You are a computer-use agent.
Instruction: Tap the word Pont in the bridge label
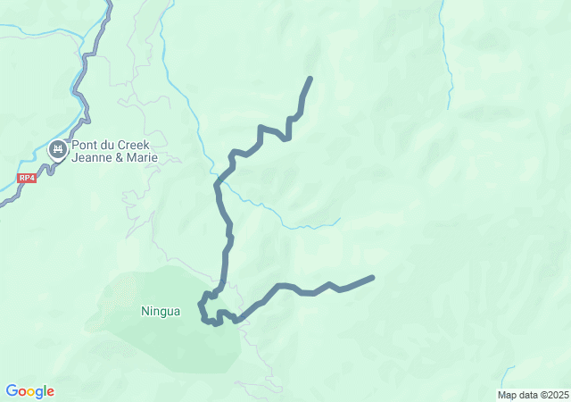click(x=87, y=146)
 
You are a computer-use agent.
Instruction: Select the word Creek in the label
click(x=131, y=146)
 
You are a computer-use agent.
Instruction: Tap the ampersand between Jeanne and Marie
click(x=120, y=158)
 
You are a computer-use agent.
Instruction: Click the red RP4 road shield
click(x=27, y=178)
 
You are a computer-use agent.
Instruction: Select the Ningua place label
click(x=161, y=312)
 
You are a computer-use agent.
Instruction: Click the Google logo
click(x=30, y=391)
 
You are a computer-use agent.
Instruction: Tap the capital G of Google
click(x=12, y=390)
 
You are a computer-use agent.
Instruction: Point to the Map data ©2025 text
click(x=533, y=395)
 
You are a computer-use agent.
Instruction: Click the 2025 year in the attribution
click(x=558, y=395)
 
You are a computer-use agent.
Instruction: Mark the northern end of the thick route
click(x=310, y=79)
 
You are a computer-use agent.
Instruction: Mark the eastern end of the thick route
click(x=372, y=277)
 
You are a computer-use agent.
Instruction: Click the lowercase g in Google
click(x=40, y=393)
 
